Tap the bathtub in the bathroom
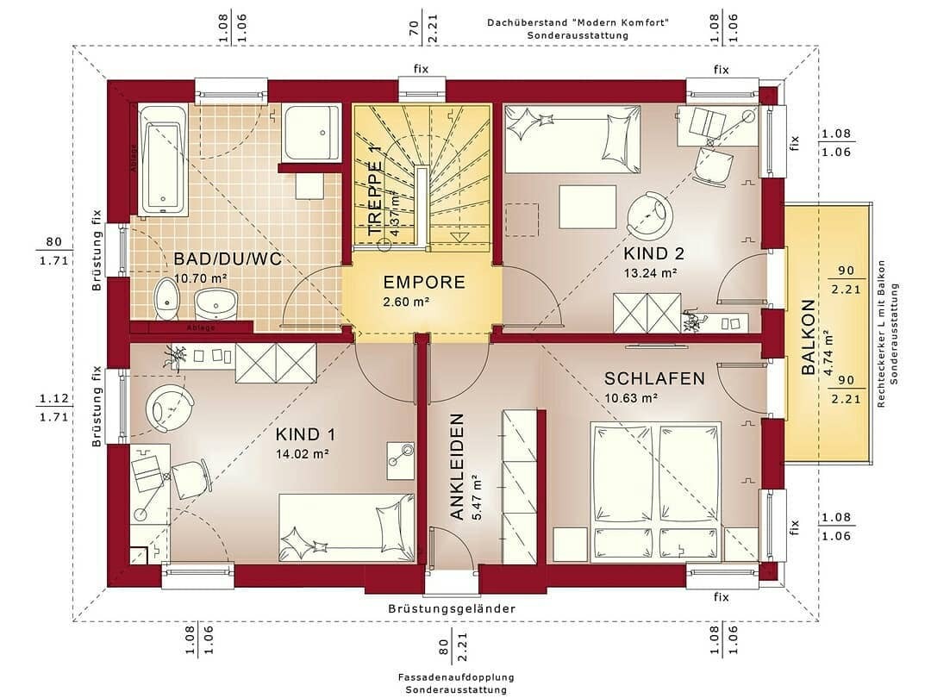pos(163,159)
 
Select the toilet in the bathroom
pos(166,298)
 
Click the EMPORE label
pos(424,283)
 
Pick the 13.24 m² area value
pos(650,273)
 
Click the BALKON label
pos(808,338)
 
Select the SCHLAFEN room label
pos(654,378)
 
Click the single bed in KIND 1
pos(345,528)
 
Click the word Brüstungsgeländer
pos(452,608)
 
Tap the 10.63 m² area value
pos(631,398)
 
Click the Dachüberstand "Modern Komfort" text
pos(578,22)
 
